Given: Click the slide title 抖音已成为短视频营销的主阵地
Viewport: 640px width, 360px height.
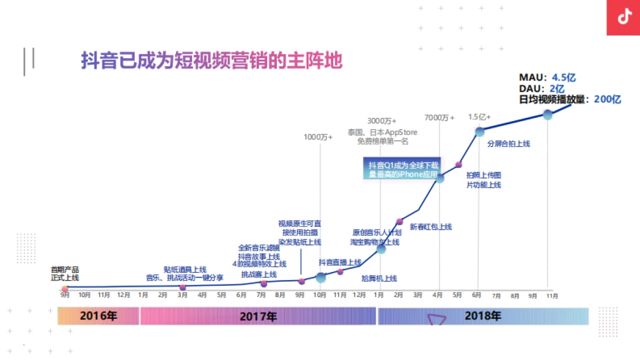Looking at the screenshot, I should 211,60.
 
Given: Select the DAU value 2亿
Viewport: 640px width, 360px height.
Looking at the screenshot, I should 557,89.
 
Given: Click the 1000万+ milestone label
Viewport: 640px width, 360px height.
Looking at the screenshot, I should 318,137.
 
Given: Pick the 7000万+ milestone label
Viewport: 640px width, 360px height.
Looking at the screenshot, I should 439,117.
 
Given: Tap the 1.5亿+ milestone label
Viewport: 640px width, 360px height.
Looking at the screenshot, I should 479,117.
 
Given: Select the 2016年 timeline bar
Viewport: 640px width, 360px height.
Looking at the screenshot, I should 98,316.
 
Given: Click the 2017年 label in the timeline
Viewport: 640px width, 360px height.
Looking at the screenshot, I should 258,316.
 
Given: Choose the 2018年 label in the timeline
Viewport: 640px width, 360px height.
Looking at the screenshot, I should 483,316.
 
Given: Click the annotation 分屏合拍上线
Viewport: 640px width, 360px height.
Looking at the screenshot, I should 509,143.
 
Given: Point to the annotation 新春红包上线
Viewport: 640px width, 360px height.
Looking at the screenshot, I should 430,227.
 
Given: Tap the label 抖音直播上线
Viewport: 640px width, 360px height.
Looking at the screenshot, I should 340,262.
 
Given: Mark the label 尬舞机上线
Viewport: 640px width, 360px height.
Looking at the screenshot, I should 379,278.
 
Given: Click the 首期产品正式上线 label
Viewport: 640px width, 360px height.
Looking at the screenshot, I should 65,274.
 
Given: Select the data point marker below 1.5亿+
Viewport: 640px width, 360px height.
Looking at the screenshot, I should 479,132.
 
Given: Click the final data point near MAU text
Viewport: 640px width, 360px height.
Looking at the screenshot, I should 547,114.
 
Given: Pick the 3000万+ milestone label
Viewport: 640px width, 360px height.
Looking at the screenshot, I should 382,121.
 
